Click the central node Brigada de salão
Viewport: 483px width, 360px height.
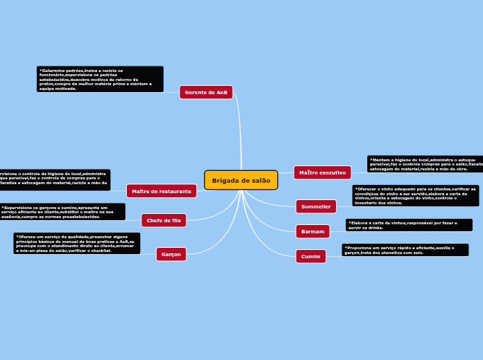click(x=241, y=180)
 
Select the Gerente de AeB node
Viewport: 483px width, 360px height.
click(x=206, y=92)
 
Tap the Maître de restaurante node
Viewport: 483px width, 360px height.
click(x=161, y=191)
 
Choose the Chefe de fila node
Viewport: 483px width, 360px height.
click(x=164, y=220)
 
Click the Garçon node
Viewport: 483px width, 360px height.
click(x=171, y=254)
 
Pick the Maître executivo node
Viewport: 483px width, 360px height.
click(x=322, y=172)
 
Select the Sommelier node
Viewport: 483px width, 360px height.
click(x=316, y=206)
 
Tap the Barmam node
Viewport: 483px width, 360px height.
click(x=313, y=231)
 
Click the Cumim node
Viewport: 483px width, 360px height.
click(x=310, y=256)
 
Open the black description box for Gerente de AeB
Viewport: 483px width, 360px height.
click(x=100, y=79)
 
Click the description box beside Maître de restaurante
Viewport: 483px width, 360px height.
click(x=55, y=180)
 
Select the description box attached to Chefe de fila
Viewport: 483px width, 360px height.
click(x=62, y=212)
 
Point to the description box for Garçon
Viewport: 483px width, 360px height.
click(x=76, y=243)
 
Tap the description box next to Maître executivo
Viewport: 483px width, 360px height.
click(x=425, y=164)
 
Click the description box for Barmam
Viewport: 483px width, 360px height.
click(x=409, y=225)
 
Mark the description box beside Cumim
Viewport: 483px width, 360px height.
click(x=405, y=250)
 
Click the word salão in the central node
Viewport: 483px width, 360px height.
click(x=261, y=180)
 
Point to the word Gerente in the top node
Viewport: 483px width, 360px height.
click(x=196, y=92)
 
